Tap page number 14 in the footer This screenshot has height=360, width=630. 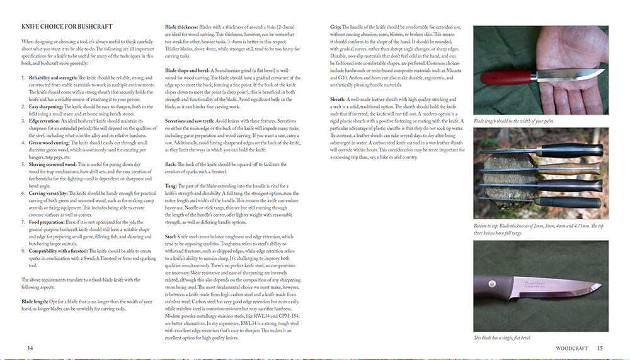(x=30, y=347)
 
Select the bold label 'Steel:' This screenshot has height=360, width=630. (x=171, y=236)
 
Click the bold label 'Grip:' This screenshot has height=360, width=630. (x=336, y=28)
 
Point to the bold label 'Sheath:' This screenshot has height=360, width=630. (x=338, y=99)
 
